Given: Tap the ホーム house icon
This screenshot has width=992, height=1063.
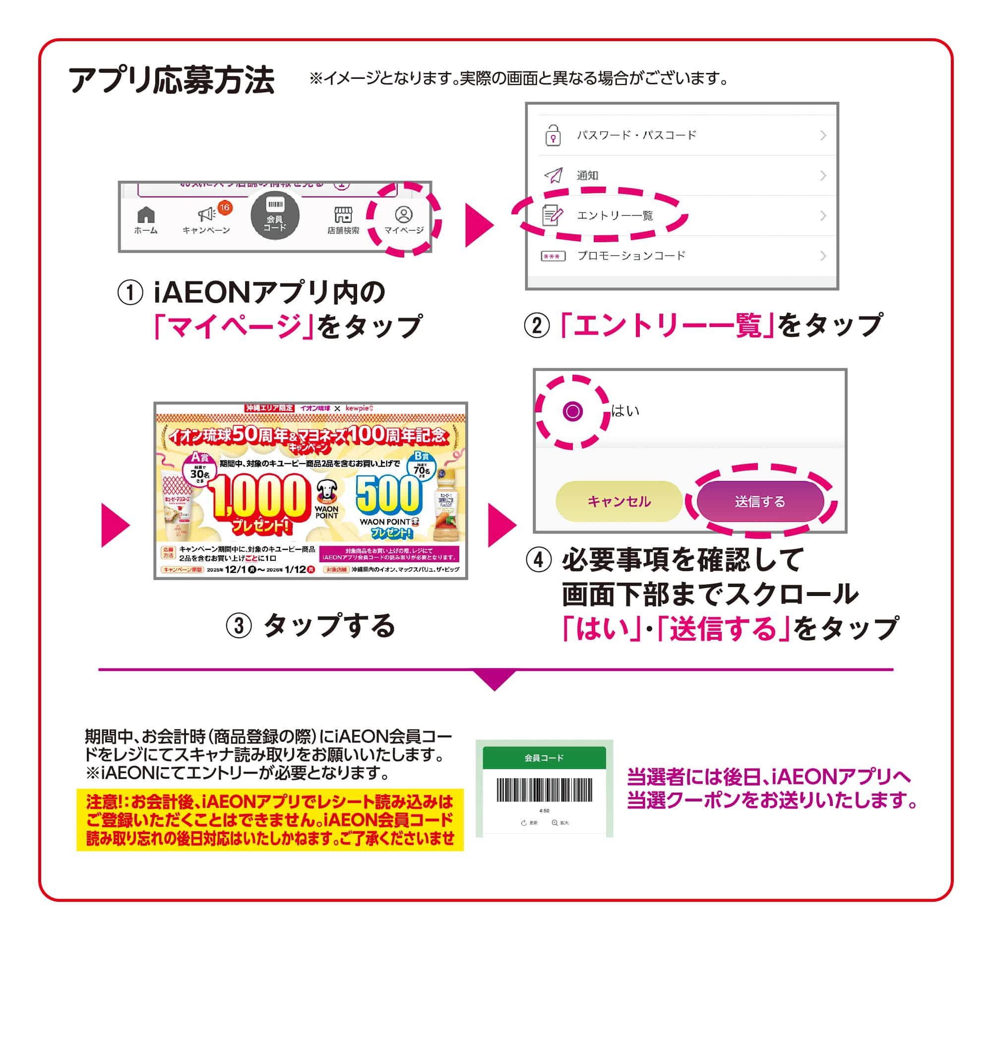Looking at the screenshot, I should coord(145,215).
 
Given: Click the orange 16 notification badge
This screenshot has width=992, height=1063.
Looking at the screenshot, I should coord(225,207).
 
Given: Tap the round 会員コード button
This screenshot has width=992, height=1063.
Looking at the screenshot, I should coord(275,215).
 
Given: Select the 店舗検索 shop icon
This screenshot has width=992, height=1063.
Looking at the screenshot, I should coord(343,215).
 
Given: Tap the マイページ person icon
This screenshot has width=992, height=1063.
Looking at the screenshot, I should coord(404,215).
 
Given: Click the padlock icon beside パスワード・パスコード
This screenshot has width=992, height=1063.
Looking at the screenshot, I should coord(553,135).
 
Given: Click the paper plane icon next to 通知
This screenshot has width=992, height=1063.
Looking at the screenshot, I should coord(553,175).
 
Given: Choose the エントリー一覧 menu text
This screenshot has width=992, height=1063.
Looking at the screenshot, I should coord(615,215).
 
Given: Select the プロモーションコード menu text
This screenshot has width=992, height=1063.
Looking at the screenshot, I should coord(631,256).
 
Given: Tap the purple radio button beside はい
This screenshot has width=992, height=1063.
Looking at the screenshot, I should coord(572,411).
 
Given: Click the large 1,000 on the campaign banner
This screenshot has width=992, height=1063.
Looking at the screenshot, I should coord(260,497).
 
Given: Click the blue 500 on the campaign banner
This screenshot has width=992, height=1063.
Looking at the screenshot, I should coord(388,494).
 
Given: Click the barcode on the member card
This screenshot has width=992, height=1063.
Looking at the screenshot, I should coord(544,790).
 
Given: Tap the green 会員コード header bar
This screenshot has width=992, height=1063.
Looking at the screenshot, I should coord(544,758).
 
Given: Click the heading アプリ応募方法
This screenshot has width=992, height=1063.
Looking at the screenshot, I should coord(171,80).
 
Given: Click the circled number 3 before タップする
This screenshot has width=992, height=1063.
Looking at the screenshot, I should coord(239,625).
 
